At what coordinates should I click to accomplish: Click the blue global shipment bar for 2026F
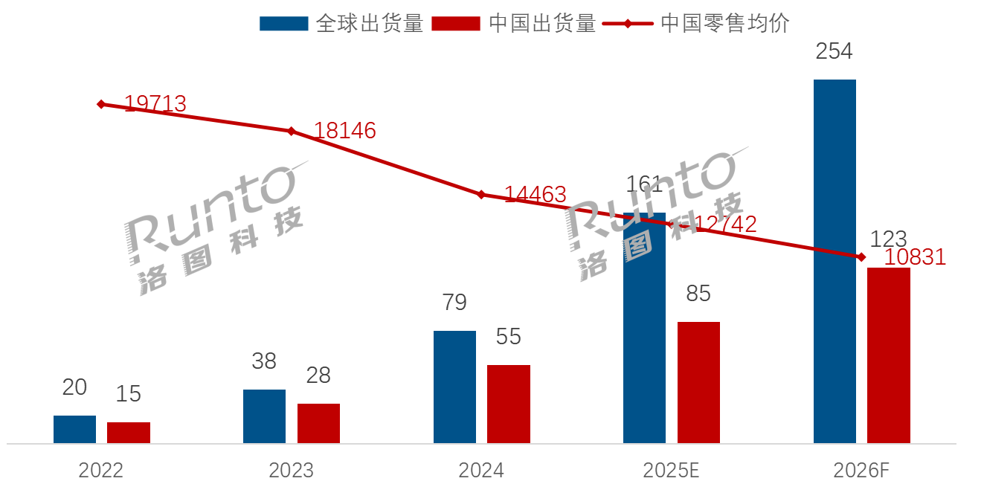tap(835, 261)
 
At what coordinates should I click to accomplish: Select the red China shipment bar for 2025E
tap(698, 382)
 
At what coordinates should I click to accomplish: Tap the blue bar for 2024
tap(454, 387)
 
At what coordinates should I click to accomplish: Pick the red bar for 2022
tap(129, 433)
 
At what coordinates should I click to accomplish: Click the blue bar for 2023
tap(264, 416)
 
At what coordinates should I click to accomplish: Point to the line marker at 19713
tap(101, 104)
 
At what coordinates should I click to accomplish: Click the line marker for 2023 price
tap(291, 131)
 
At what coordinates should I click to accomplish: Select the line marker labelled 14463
tap(481, 195)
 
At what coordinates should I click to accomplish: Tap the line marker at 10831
tap(861, 257)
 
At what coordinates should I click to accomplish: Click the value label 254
tap(834, 51)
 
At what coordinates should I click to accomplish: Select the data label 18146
tap(344, 131)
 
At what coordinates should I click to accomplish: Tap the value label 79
tap(454, 303)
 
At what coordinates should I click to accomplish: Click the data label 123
tap(888, 239)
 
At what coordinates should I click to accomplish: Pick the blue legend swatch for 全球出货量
tap(283, 23)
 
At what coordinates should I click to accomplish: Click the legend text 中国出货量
tap(542, 23)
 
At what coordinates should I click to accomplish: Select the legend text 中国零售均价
tap(725, 23)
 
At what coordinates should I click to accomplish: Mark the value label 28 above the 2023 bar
tap(318, 375)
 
